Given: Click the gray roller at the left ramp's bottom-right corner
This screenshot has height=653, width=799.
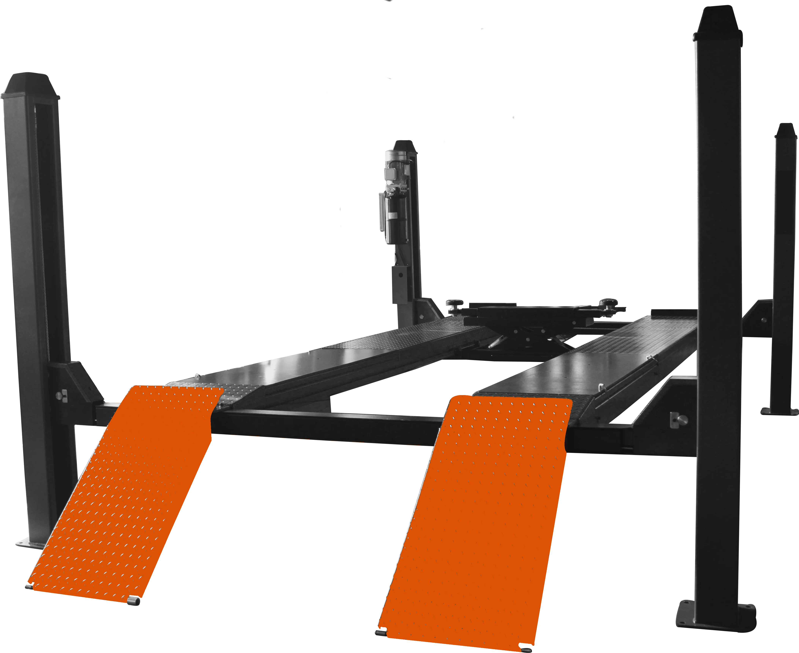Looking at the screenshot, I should point(133,601).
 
